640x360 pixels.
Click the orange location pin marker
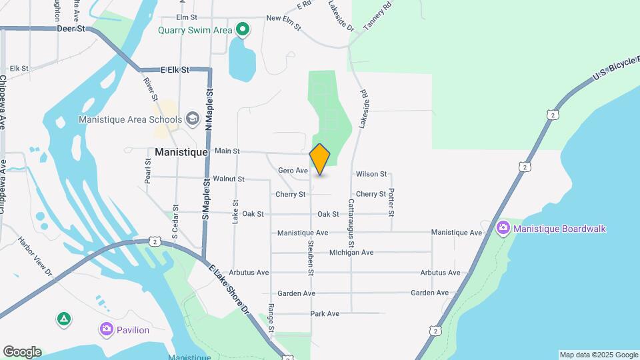pyautogui.click(x=320, y=159)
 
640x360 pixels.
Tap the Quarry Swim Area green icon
pyautogui.click(x=243, y=29)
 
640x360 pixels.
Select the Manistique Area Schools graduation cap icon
pyautogui.click(x=193, y=119)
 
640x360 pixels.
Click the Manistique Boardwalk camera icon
pyautogui.click(x=503, y=229)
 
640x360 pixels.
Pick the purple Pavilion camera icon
pyautogui.click(x=106, y=329)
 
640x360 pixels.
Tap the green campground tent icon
pyautogui.click(x=64, y=319)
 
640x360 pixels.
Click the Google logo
pyautogui.click(x=22, y=352)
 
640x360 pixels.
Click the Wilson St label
pyautogui.click(x=371, y=174)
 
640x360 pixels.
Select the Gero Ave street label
pyautogui.click(x=293, y=171)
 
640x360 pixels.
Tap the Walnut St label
pyautogui.click(x=228, y=179)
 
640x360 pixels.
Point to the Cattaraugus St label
pyautogui.click(x=351, y=227)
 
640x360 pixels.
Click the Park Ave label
pyautogui.click(x=325, y=313)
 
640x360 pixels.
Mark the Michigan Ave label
pyautogui.click(x=351, y=253)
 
